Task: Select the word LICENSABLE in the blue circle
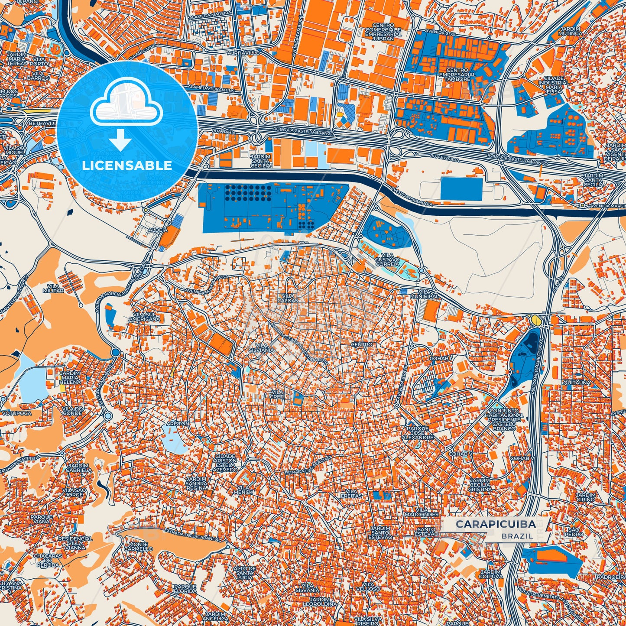(x=127, y=165)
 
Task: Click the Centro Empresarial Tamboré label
(x=457, y=75)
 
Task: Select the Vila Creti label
(x=277, y=394)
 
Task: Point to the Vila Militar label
(x=53, y=289)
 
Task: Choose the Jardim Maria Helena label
(x=70, y=377)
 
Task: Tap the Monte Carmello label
(x=138, y=546)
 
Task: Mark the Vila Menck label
(x=243, y=490)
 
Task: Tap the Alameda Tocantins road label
(x=211, y=89)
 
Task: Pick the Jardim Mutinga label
(x=570, y=30)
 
